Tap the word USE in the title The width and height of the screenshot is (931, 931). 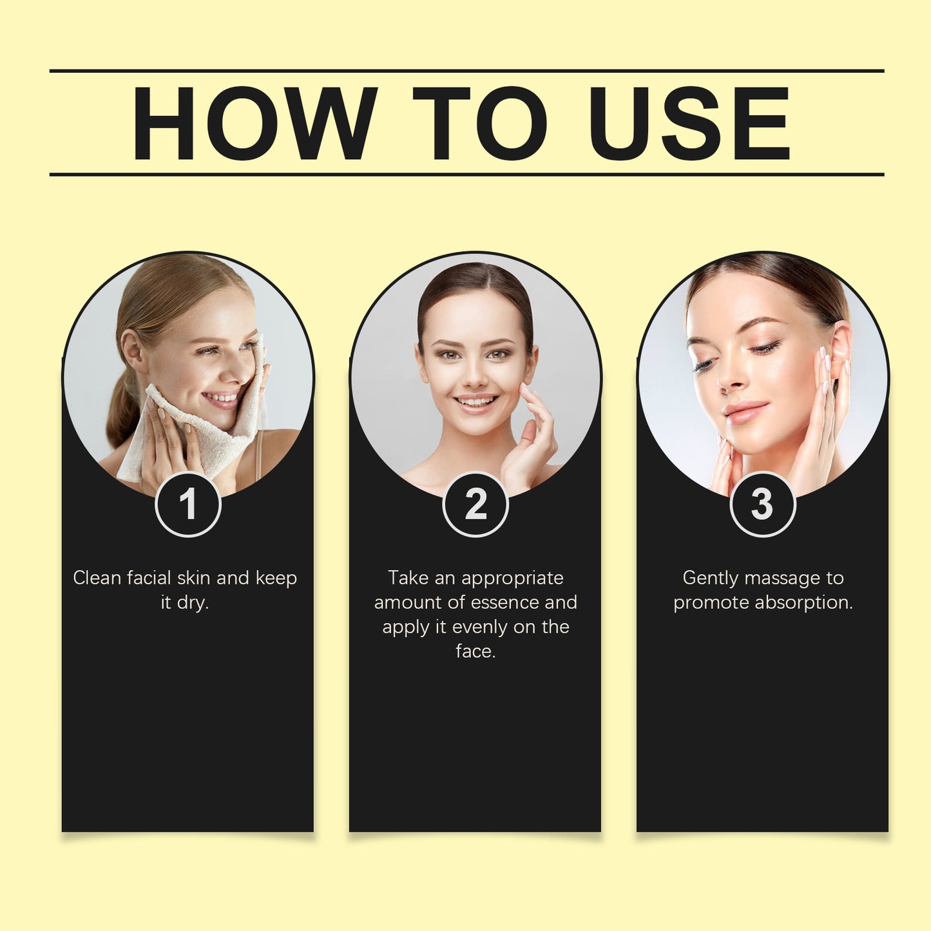click(x=689, y=123)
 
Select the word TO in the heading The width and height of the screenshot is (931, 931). click(x=480, y=123)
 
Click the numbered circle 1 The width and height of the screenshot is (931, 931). click(x=188, y=504)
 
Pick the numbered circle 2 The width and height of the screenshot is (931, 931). click(x=475, y=504)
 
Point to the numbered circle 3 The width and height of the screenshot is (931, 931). click(x=762, y=504)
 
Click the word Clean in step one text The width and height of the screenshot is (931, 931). click(x=97, y=578)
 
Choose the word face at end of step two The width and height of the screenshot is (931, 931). click(x=475, y=651)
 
